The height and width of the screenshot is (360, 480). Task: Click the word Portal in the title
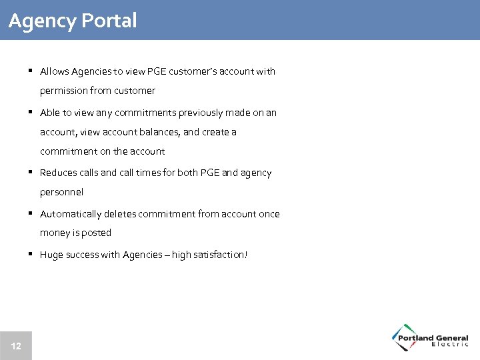pyautogui.click(x=109, y=21)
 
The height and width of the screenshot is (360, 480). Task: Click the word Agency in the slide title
pyautogui.click(x=42, y=21)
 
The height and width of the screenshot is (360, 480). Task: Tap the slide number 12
pyautogui.click(x=16, y=346)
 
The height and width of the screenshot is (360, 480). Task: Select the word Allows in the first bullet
pyautogui.click(x=53, y=71)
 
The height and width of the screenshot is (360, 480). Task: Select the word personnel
pyautogui.click(x=61, y=192)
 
